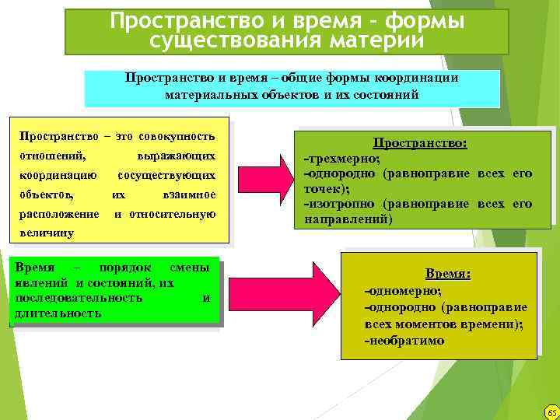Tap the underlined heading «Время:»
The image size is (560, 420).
pyautogui.click(x=448, y=274)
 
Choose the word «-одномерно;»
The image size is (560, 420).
pyautogui.click(x=403, y=290)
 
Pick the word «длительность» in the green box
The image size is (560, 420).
pyautogui.click(x=57, y=313)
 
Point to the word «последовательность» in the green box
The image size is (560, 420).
pyautogui.click(x=78, y=297)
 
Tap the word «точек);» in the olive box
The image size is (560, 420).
pyautogui.click(x=326, y=189)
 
